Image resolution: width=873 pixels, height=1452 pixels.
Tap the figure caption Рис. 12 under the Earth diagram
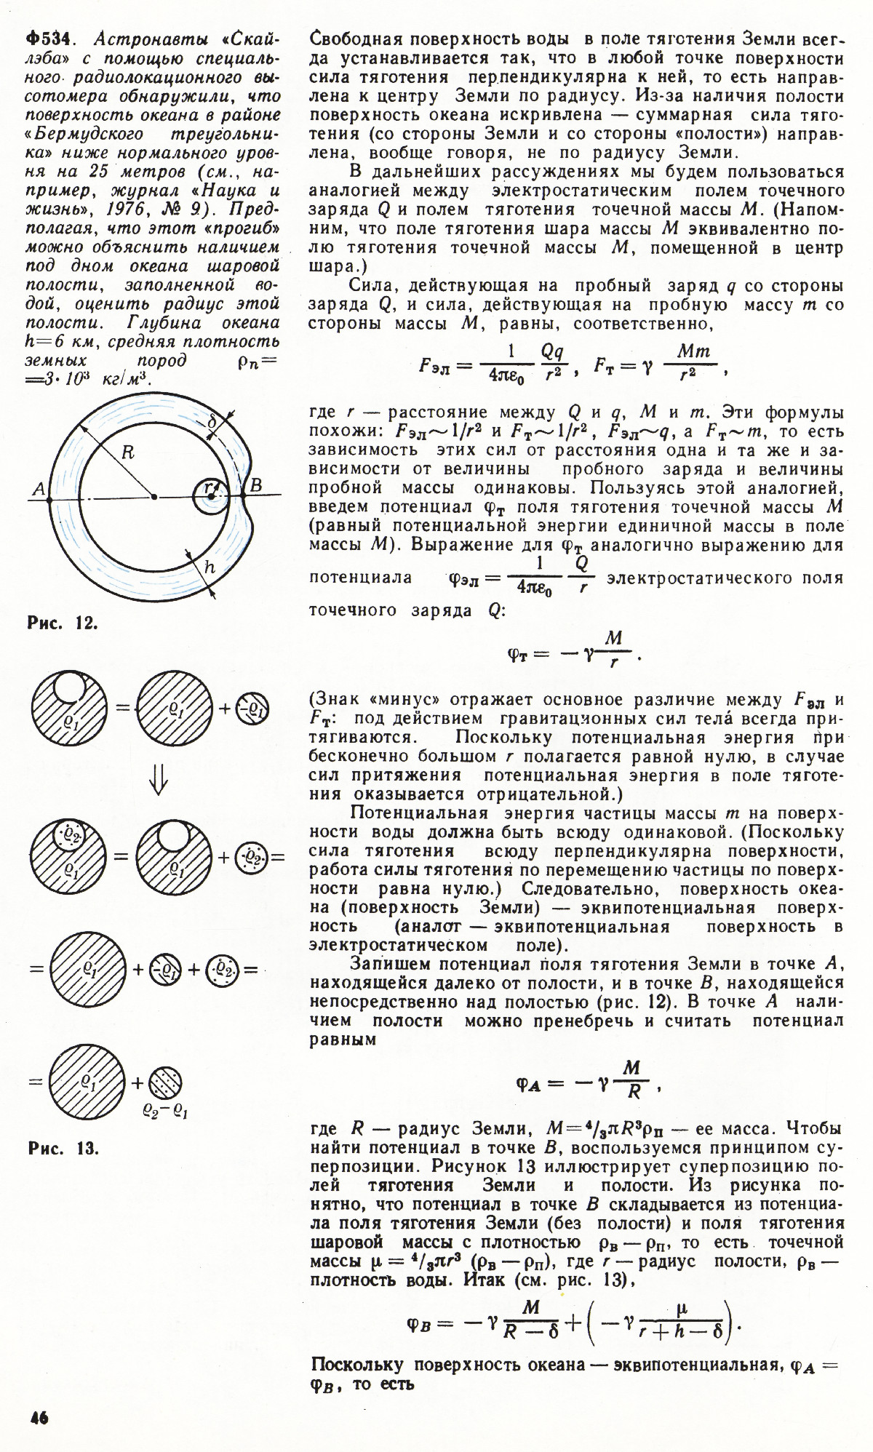tap(63, 623)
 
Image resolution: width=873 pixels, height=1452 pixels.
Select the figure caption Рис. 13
tap(63, 1149)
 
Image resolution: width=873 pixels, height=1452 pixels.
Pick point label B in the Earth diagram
tap(256, 485)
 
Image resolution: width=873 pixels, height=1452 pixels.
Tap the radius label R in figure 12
tap(127, 452)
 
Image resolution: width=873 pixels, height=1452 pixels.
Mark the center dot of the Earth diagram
tap(154, 498)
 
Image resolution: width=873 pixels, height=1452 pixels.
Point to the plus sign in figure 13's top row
tap(225, 708)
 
